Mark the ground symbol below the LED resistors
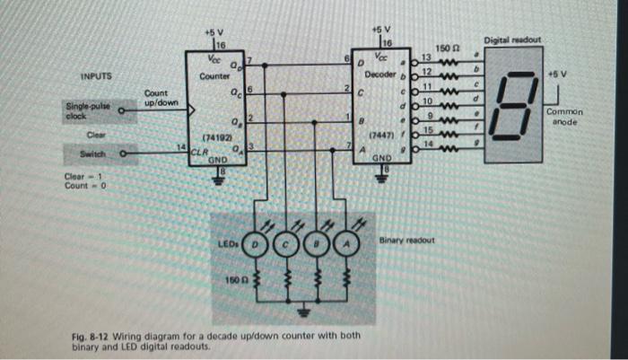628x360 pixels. coord(301,311)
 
